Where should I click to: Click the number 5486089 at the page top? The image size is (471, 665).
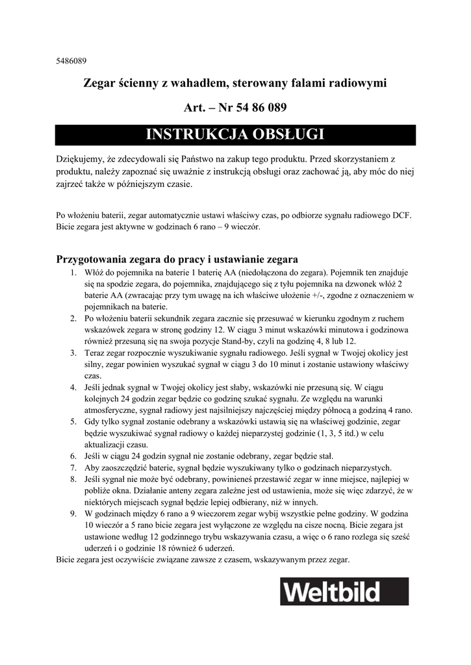[72, 62]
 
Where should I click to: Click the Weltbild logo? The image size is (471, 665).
[344, 592]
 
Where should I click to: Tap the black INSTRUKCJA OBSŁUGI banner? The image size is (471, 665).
[235, 134]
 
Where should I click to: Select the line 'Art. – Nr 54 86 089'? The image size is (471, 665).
[235, 107]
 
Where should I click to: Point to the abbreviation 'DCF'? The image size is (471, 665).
[401, 215]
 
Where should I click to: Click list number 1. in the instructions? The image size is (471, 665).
[73, 273]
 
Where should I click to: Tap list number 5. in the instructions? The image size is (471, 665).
[73, 421]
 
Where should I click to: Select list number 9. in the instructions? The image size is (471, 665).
[73, 513]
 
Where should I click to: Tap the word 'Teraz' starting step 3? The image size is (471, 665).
[95, 353]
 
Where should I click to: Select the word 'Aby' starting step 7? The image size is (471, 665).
[92, 468]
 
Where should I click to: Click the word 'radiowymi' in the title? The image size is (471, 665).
[358, 83]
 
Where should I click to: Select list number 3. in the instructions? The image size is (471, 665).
[73, 353]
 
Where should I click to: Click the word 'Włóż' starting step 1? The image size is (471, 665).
[95, 273]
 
